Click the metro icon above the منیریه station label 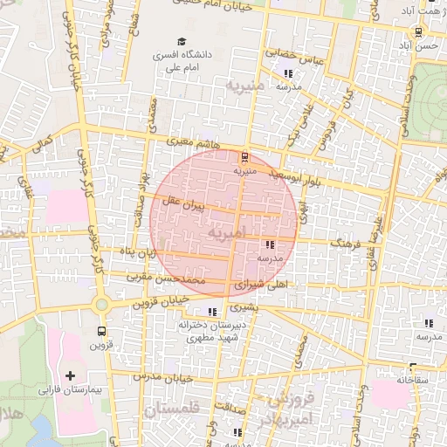pos(244,158)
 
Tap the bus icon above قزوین pos(102,331)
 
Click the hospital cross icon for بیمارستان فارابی pos(70,375)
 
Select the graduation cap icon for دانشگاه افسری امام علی pos(182,41)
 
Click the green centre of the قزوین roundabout pos(101,305)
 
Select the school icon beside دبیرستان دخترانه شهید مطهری pos(211,312)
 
